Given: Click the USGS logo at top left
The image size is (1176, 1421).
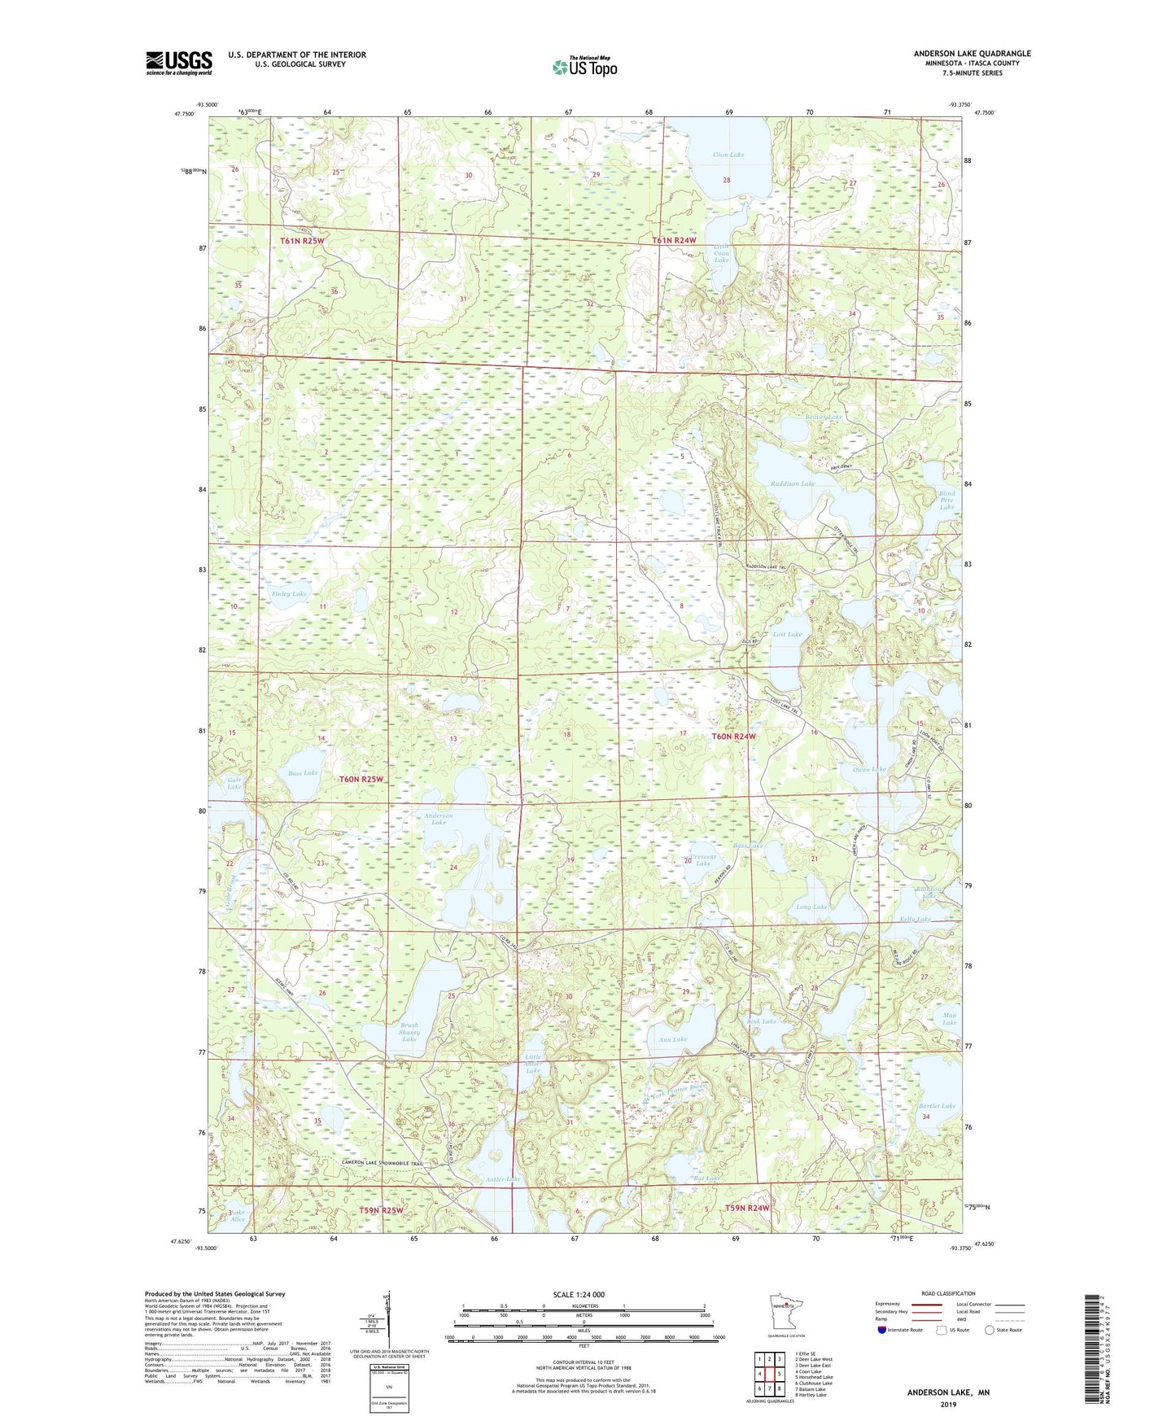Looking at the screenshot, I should coord(178,63).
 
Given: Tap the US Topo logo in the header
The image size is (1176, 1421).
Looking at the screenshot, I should coord(584,67).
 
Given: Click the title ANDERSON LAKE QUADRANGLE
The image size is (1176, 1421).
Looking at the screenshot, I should coord(972,54).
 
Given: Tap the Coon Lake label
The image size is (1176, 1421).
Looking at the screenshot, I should coord(728,155).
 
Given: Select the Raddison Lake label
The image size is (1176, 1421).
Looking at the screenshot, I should coord(792,483).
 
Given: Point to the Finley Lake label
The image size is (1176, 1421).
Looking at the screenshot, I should coord(289,594).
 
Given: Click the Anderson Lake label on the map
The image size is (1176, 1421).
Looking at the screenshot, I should coord(438,819).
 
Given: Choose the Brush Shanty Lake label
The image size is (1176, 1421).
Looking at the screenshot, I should coord(409,1032).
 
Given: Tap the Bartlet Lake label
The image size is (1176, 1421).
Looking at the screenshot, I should coord(937,1106).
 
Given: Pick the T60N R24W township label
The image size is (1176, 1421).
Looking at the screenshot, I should coord(734,737).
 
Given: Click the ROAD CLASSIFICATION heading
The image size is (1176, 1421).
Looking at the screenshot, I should coord(948,1293).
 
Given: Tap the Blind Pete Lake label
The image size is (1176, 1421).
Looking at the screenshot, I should coord(946,500).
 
